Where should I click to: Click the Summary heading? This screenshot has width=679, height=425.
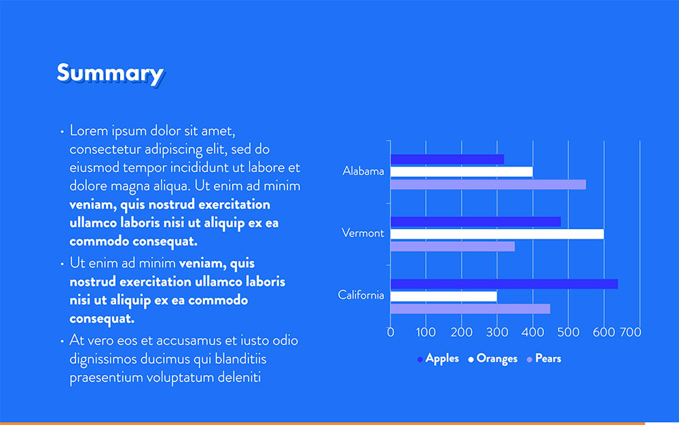(x=109, y=73)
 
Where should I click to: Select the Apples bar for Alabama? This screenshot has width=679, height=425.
(x=447, y=159)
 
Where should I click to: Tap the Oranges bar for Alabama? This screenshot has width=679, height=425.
(x=461, y=171)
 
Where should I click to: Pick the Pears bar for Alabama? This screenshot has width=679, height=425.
(x=488, y=184)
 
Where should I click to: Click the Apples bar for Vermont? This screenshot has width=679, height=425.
(x=475, y=222)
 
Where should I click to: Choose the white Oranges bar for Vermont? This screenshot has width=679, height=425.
(x=496, y=234)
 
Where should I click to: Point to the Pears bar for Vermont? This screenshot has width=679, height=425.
(x=452, y=246)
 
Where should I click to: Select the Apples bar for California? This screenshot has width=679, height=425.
(x=504, y=284)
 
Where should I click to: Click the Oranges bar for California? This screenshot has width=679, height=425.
(x=443, y=296)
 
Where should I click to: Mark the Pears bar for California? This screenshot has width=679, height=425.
(x=470, y=309)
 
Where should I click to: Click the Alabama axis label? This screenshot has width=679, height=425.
(x=363, y=171)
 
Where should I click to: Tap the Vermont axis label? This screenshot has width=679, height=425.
(x=363, y=233)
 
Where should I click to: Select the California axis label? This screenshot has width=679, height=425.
(x=361, y=295)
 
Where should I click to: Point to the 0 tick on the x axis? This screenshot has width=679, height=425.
(x=390, y=333)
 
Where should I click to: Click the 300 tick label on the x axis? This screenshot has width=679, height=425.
(x=496, y=333)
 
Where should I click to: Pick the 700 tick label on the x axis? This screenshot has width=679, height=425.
(x=631, y=333)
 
